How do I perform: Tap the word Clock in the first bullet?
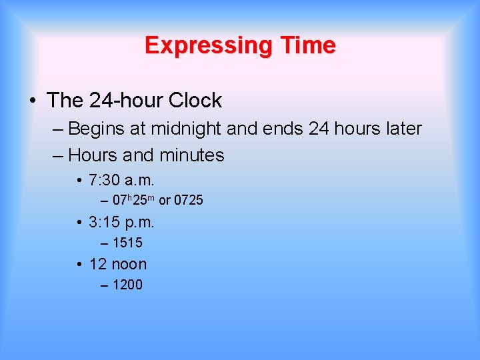[195, 101]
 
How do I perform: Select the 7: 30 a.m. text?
[121, 180]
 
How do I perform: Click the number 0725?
[189, 200]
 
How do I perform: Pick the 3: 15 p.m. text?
[121, 222]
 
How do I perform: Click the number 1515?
[128, 243]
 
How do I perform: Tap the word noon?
[128, 264]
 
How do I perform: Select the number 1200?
[128, 285]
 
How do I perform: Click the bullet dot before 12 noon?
[79, 265]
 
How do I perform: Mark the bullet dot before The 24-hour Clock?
[33, 101]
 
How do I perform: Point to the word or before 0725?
[164, 200]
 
